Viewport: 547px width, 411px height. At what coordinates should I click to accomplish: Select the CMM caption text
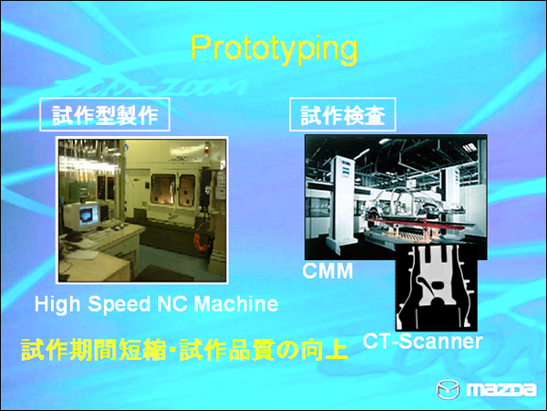328,272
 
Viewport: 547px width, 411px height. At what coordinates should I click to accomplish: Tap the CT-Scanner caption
421,342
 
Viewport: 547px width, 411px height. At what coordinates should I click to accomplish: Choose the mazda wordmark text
501,389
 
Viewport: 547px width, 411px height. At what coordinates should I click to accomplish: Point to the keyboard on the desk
100,239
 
